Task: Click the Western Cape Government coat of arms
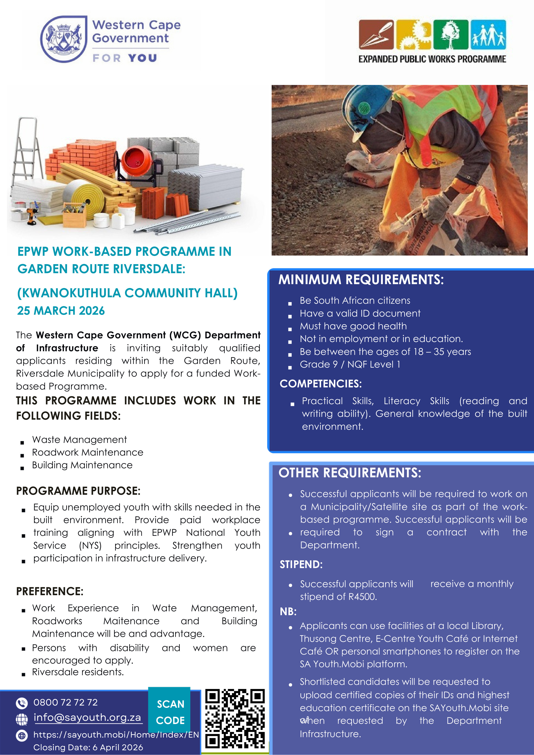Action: [63, 39]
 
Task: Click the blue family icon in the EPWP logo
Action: [488, 34]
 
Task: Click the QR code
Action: [235, 718]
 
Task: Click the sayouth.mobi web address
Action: [116, 735]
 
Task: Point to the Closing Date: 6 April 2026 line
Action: [88, 747]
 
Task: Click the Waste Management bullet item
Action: [79, 440]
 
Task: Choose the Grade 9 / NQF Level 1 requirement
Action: [350, 364]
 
